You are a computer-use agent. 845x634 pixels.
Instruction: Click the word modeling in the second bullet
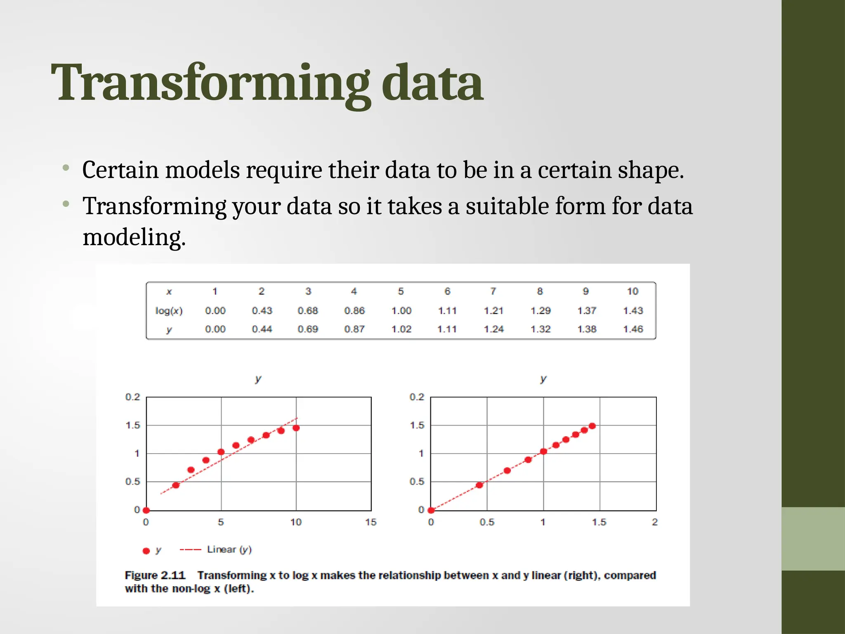134,238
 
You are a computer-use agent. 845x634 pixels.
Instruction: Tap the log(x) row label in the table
169,311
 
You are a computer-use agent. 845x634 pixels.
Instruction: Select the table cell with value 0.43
262,311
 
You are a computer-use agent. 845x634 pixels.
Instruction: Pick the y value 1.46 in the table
633,329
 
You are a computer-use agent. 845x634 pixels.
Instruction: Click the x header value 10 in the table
633,291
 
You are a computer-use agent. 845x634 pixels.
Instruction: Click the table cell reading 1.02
401,329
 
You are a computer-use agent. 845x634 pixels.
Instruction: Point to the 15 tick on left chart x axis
371,522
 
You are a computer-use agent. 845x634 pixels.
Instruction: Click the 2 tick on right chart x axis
654,522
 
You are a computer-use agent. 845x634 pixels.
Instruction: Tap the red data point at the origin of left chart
146,510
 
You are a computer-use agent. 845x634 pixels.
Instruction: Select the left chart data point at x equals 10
296,428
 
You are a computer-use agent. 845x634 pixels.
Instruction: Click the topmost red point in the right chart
592,426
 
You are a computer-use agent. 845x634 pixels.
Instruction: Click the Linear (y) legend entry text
229,549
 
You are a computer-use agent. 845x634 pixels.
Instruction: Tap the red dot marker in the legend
146,551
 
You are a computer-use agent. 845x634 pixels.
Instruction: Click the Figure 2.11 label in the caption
155,575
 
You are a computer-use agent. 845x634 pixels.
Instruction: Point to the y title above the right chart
543,379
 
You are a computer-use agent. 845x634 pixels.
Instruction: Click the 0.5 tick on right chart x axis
487,522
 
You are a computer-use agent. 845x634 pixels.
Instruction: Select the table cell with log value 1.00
401,311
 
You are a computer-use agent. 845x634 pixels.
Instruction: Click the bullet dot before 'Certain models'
66,168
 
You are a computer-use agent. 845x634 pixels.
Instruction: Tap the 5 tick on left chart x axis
221,522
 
